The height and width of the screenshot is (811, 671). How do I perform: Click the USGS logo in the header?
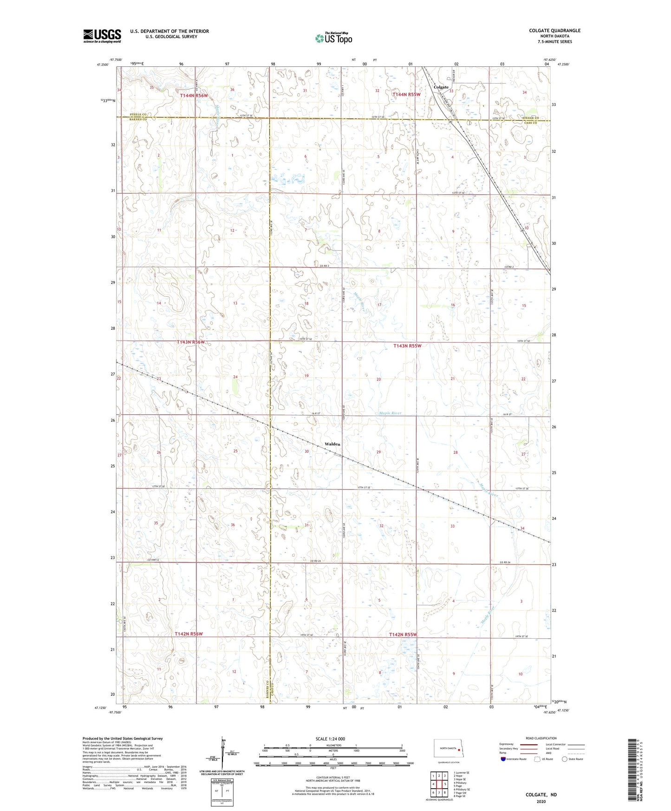tap(102, 36)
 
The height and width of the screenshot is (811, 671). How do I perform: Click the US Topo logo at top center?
tap(333, 38)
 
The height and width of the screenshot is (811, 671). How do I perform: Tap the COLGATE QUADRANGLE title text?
tap(554, 31)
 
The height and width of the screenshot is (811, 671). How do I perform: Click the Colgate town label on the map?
tap(441, 87)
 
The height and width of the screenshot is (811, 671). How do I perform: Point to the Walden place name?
tap(332, 444)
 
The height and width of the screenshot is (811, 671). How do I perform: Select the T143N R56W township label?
tap(190, 342)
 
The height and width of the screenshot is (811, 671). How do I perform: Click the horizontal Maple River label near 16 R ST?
tap(390, 413)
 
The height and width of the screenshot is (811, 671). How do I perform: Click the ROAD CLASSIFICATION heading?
tap(541, 738)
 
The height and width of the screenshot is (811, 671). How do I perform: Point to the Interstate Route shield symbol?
tap(503, 759)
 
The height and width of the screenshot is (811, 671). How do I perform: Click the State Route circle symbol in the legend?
tap(565, 759)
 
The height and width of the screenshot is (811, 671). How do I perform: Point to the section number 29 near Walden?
tap(378, 452)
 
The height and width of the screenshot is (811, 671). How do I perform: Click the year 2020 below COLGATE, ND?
tap(541, 801)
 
